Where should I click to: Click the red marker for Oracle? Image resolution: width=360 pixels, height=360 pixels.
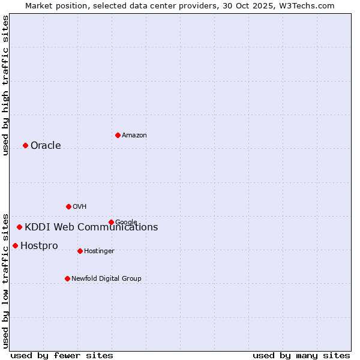25,145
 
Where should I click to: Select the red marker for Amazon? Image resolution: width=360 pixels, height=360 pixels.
118,135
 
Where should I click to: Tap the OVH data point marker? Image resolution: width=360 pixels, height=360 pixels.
68,206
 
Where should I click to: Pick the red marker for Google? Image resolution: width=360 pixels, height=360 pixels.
111,222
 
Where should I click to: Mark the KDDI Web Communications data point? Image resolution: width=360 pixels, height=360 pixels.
19,227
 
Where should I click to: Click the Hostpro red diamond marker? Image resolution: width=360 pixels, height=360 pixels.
15,245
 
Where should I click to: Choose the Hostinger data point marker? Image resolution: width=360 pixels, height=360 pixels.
80,251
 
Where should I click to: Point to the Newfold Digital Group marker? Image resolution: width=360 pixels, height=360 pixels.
67,278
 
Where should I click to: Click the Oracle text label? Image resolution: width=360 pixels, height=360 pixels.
46,146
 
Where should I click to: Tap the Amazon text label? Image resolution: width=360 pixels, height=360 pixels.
134,136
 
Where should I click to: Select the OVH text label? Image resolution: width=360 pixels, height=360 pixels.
80,207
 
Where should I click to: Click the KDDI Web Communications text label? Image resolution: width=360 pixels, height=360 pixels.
91,227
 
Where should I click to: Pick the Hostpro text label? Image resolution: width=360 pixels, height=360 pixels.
39,246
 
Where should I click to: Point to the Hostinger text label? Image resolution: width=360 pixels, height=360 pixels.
99,251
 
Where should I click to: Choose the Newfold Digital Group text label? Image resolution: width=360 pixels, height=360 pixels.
106,279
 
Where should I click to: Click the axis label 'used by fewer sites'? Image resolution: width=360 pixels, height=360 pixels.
62,355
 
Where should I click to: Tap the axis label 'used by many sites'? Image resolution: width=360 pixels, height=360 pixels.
301,355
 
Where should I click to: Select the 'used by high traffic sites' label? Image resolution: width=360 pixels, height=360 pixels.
6,85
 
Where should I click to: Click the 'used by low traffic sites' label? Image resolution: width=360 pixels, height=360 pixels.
6,280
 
